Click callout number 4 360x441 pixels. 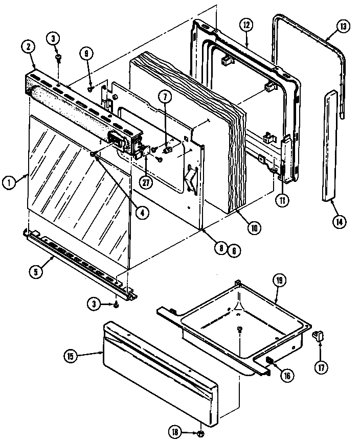pyautogui.click(x=145, y=213)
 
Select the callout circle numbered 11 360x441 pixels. pyautogui.click(x=281, y=201)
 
